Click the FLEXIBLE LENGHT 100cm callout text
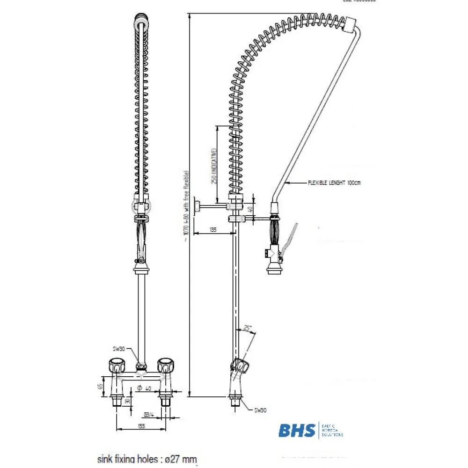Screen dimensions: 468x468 334,183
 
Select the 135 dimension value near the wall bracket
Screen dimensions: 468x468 213,229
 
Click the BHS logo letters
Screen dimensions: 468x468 297,430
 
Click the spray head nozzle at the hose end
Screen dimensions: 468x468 273,267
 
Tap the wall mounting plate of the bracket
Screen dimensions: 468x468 197,205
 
